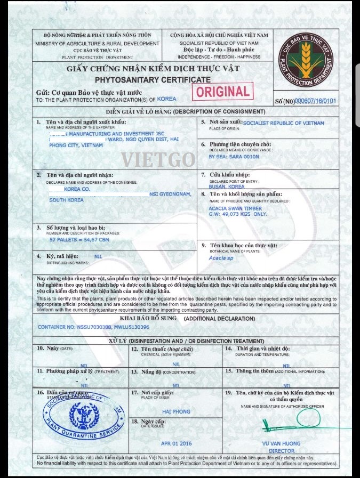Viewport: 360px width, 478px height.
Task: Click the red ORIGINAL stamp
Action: tap(223, 92)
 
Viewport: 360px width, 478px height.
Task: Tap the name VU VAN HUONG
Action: tap(282, 443)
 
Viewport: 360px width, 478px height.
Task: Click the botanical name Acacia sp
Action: tap(221, 258)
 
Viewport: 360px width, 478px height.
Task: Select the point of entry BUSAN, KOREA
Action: tap(227, 187)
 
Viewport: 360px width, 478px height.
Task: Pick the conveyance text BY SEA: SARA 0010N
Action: tap(234, 157)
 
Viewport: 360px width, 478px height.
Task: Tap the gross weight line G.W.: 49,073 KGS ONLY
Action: tap(238, 214)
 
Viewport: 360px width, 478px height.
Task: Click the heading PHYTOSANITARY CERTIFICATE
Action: tap(153, 79)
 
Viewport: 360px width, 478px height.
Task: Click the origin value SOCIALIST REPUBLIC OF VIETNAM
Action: tap(283, 123)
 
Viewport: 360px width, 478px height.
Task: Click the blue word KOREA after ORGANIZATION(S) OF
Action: tap(167, 99)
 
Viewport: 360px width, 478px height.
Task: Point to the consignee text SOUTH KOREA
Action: tap(67, 200)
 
